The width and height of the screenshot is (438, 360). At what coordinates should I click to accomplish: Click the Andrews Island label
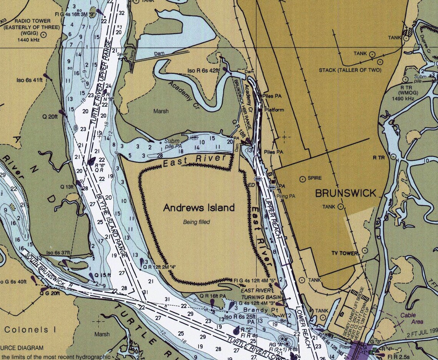click(x=199, y=208)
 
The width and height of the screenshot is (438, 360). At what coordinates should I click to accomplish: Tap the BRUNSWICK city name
click(x=346, y=193)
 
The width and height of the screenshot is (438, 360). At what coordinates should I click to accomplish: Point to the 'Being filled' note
click(x=196, y=222)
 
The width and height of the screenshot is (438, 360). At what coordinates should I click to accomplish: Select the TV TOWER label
click(x=345, y=253)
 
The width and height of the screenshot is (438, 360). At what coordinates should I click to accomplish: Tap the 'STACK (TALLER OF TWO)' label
click(x=350, y=70)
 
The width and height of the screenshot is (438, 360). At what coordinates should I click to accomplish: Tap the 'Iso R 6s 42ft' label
click(x=203, y=71)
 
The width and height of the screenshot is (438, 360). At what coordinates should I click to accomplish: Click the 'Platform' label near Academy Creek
click(x=274, y=110)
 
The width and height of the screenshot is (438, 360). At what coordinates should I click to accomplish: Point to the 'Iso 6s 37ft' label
click(x=58, y=253)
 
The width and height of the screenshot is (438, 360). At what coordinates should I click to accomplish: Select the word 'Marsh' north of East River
click(x=161, y=111)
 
